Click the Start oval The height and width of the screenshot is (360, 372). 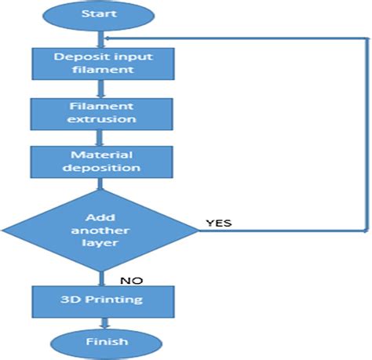click(x=100, y=15)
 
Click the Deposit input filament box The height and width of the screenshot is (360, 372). click(x=100, y=63)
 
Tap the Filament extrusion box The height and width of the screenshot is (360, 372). click(x=100, y=112)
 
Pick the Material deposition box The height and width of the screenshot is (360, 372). click(x=100, y=161)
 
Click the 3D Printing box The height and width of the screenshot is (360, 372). click(x=100, y=300)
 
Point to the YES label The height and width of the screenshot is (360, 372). click(x=218, y=223)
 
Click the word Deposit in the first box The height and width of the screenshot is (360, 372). click(x=75, y=56)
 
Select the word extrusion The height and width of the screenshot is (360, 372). click(x=100, y=119)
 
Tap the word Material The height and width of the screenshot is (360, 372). click(x=100, y=155)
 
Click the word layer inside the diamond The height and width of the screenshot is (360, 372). click(x=100, y=243)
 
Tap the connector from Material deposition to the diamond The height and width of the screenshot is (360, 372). click(x=100, y=185)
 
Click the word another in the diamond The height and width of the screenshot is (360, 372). click(x=100, y=231)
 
